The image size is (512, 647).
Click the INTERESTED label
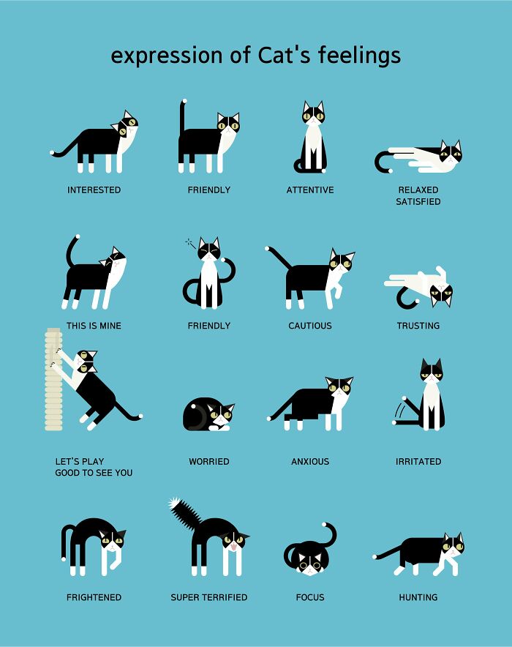click(x=94, y=190)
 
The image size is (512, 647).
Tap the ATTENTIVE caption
click(x=310, y=190)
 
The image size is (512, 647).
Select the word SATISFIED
click(x=418, y=202)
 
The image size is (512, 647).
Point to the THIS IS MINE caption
click(x=94, y=326)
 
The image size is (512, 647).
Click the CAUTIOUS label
click(x=310, y=326)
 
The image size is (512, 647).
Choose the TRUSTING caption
click(x=418, y=326)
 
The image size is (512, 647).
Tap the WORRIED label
click(x=209, y=462)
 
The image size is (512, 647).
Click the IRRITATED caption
click(x=418, y=462)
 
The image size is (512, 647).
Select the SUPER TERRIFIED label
click(x=209, y=597)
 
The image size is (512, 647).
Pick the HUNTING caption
click(x=418, y=597)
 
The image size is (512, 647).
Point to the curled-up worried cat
click(x=207, y=415)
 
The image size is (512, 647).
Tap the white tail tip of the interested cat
click(x=53, y=153)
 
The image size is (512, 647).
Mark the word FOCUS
click(x=310, y=597)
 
